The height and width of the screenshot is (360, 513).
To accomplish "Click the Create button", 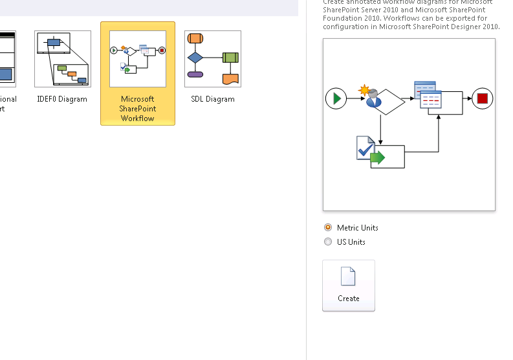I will tap(348, 286).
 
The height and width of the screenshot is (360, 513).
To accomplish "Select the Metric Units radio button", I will tap(328, 228).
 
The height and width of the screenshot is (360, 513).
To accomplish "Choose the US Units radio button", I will tap(328, 242).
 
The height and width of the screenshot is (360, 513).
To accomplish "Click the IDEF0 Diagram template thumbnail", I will tap(62, 58).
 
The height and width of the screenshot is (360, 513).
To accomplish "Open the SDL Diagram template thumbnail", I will tap(213, 58).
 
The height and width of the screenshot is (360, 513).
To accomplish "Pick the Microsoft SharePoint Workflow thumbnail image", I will tap(138, 58).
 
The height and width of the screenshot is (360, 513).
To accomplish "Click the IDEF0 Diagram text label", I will tap(62, 99).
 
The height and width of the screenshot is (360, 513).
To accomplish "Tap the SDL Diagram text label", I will tap(213, 99).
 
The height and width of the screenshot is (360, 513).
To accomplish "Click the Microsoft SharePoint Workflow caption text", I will tap(137, 109).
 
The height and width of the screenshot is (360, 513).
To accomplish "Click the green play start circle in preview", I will tap(336, 98).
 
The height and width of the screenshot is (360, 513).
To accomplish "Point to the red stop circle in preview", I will tap(482, 98).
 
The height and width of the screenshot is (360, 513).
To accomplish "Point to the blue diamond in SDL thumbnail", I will tap(195, 58).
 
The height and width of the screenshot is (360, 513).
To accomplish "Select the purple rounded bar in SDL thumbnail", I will tap(195, 74).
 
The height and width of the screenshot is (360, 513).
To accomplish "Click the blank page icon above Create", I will tap(348, 276).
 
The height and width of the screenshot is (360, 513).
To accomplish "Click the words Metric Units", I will tap(358, 228).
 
